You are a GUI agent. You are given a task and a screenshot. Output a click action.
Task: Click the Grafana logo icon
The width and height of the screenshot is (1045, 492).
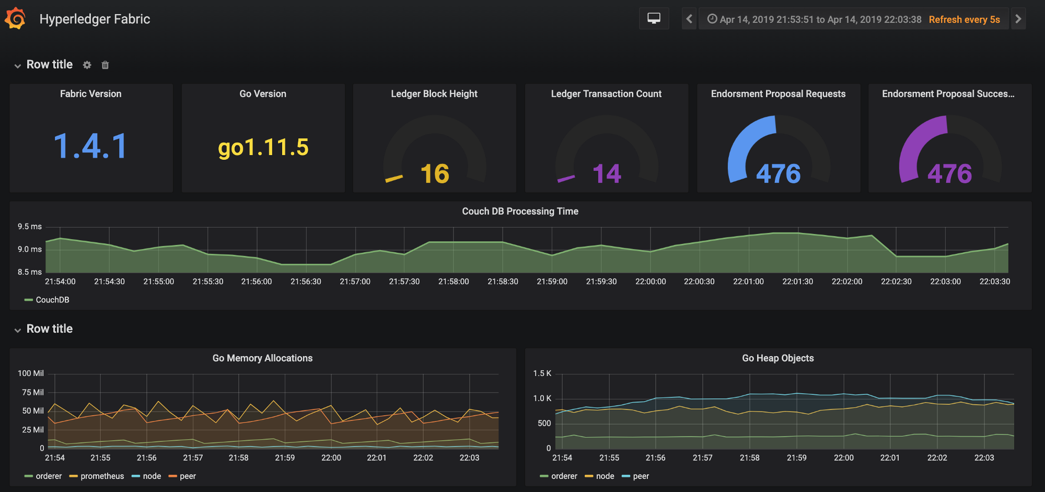pos(15,19)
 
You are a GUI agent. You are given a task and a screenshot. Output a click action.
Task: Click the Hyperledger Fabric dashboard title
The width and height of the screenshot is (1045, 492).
pos(95,19)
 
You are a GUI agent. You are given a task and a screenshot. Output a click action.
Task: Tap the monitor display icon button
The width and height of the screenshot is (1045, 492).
pos(654,19)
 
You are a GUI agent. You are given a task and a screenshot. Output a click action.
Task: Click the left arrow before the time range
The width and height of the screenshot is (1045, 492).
pos(689,19)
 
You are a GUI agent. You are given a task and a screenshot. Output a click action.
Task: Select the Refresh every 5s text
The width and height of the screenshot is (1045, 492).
pos(964,19)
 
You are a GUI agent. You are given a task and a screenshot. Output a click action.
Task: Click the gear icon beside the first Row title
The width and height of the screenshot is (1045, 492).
pos(87,65)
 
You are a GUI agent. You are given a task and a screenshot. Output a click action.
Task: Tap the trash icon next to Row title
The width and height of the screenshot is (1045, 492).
pos(105,65)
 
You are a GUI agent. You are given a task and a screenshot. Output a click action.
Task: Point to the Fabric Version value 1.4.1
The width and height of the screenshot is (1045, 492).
pos(90,146)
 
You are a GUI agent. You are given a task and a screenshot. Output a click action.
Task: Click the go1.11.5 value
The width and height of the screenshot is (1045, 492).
pos(263,147)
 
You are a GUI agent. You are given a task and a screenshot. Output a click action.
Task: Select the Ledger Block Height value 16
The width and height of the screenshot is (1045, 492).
pos(435,173)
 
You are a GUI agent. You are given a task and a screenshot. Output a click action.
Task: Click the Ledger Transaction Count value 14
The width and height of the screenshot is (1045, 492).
pos(607,173)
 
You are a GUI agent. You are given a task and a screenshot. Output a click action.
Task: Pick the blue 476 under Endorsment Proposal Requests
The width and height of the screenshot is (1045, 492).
pos(779,173)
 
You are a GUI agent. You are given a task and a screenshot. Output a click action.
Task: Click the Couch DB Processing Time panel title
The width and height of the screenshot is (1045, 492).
pos(520,211)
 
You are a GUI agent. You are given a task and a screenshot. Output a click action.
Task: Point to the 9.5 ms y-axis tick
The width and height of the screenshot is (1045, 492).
pos(30,227)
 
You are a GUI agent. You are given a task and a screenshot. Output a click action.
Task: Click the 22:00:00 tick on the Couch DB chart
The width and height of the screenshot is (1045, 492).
pos(651,282)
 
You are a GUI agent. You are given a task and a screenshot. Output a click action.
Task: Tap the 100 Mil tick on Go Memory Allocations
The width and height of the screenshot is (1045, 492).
pos(31,373)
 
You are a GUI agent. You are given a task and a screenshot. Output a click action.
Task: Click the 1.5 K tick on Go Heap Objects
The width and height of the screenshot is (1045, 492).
pos(542,373)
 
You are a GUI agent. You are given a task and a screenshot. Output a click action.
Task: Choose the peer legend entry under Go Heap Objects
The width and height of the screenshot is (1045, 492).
pos(635,476)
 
